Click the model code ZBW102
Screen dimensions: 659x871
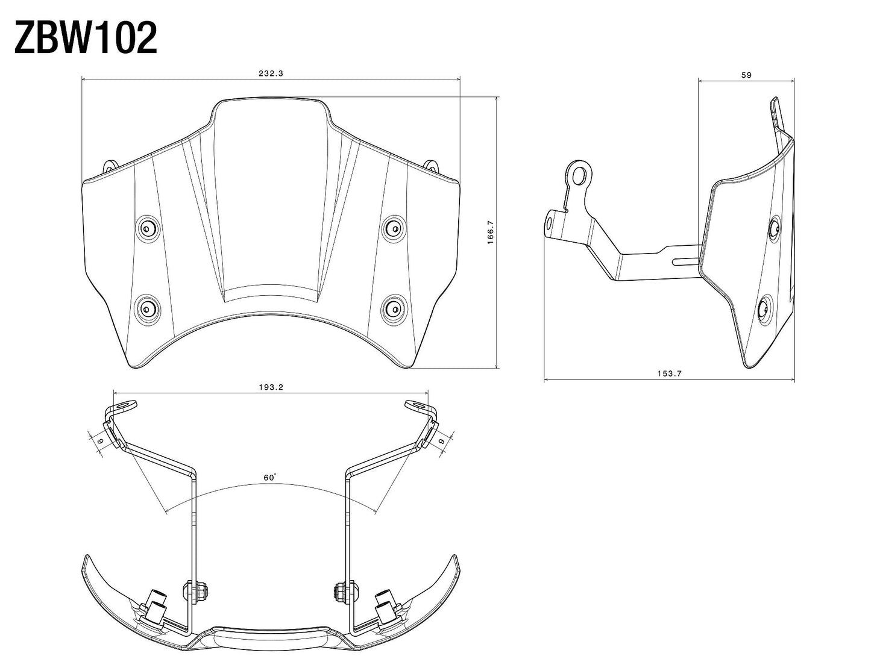pos(85,39)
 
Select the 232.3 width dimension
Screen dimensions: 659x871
pos(271,73)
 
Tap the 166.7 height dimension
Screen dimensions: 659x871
pos(491,232)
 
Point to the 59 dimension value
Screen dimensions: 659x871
pos(746,75)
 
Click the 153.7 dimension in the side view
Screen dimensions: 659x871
pos(669,373)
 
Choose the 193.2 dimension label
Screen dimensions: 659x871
pos(271,387)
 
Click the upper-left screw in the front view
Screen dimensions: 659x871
pos(146,227)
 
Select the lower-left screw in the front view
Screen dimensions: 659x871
pos(146,307)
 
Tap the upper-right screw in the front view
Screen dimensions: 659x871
pos(394,226)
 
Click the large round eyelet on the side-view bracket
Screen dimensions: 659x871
pos(579,175)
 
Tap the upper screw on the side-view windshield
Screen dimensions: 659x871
pos(775,228)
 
